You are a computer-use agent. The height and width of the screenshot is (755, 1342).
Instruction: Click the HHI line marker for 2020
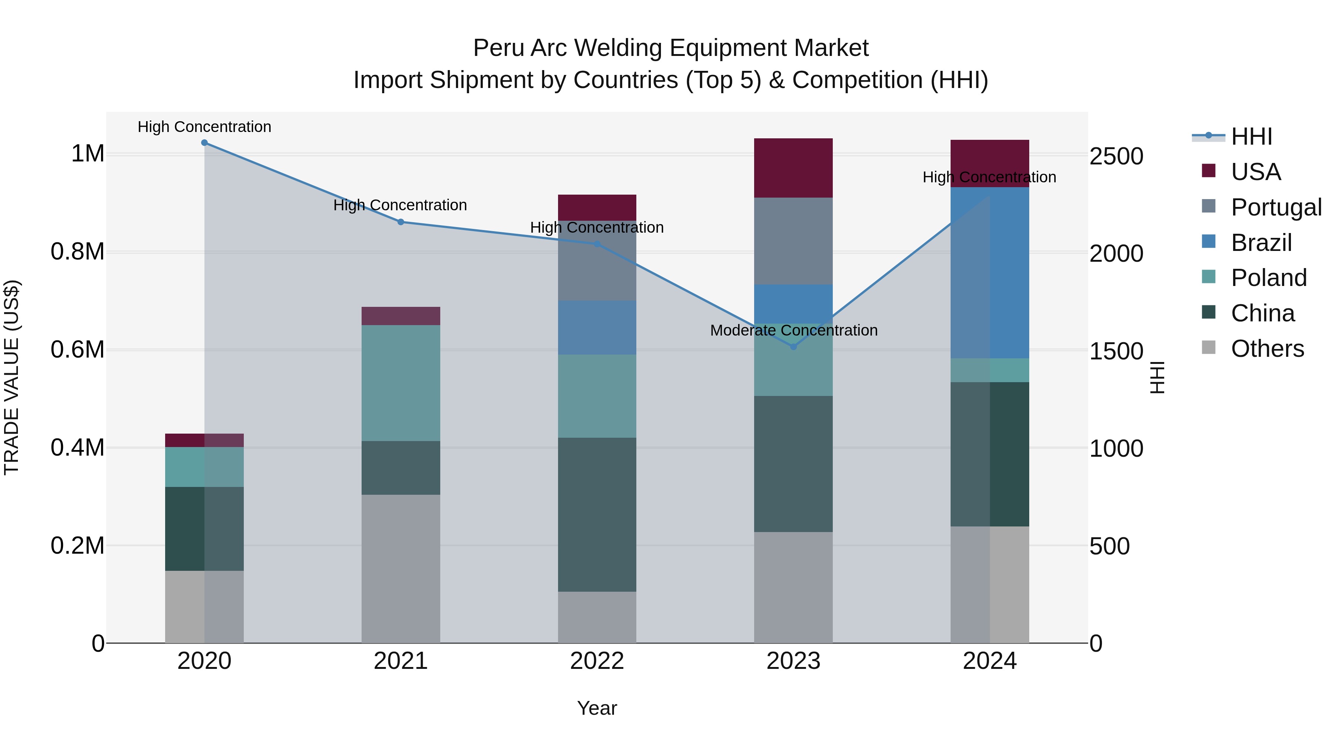(204, 143)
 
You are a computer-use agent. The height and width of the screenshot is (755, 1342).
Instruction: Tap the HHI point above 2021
(401, 222)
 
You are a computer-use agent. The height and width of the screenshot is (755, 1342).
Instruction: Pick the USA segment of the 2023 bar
(793, 168)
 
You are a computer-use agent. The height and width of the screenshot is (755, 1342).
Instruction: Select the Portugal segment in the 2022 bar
(597, 261)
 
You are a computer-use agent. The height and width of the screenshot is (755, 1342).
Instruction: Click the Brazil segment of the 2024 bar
(990, 273)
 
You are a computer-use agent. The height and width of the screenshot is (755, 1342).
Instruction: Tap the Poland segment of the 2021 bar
(401, 383)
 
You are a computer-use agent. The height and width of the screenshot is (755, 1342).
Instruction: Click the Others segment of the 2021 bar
(401, 569)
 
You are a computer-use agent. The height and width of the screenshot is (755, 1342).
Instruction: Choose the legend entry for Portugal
(1276, 207)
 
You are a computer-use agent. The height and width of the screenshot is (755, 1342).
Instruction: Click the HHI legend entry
(1251, 136)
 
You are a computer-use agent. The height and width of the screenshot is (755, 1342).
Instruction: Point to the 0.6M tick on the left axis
(78, 350)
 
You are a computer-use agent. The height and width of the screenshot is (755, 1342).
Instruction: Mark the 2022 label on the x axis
(597, 661)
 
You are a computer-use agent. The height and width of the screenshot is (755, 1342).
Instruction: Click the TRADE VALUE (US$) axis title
(12, 377)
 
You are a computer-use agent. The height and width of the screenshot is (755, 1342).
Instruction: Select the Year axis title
(597, 708)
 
